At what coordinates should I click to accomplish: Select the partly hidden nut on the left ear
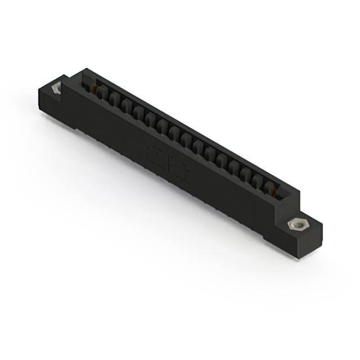(x=56, y=89)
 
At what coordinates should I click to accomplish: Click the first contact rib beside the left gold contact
(x=101, y=94)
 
